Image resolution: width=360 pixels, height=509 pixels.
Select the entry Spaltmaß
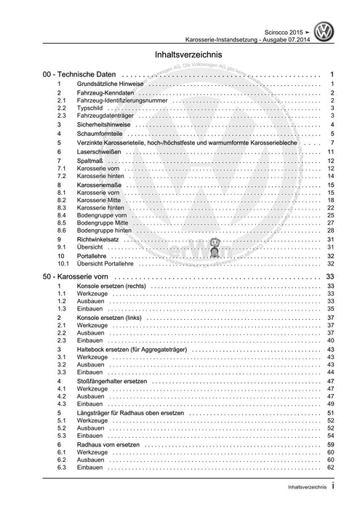[90, 161]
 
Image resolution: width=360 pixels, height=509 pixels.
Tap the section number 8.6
[63, 230]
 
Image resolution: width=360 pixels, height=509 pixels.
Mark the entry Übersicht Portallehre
[112, 265]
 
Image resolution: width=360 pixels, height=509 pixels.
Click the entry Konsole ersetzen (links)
[112, 318]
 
